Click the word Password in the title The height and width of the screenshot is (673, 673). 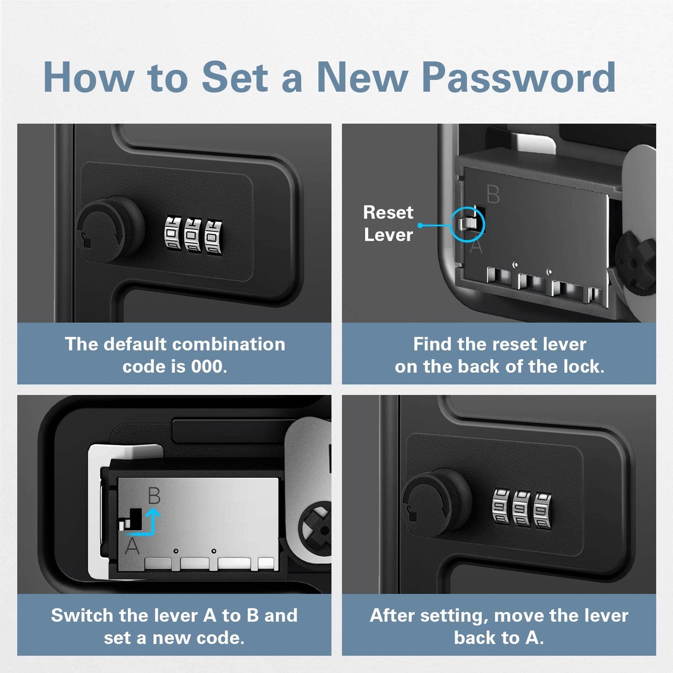click(519, 77)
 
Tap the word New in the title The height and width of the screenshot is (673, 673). click(362, 77)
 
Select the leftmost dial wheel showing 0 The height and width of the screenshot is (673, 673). click(173, 233)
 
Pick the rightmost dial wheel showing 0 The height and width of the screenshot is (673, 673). click(213, 237)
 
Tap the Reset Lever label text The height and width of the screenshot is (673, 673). click(388, 224)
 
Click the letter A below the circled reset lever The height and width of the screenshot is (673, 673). click(476, 246)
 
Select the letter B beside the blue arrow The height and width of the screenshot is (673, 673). click(154, 495)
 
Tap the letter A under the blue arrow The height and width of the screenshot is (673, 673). click(132, 546)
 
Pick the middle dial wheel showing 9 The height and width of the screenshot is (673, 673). click(522, 510)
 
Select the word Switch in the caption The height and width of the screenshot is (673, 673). click(83, 615)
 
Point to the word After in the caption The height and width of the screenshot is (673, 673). click(392, 615)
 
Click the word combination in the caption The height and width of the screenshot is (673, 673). click(229, 344)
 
